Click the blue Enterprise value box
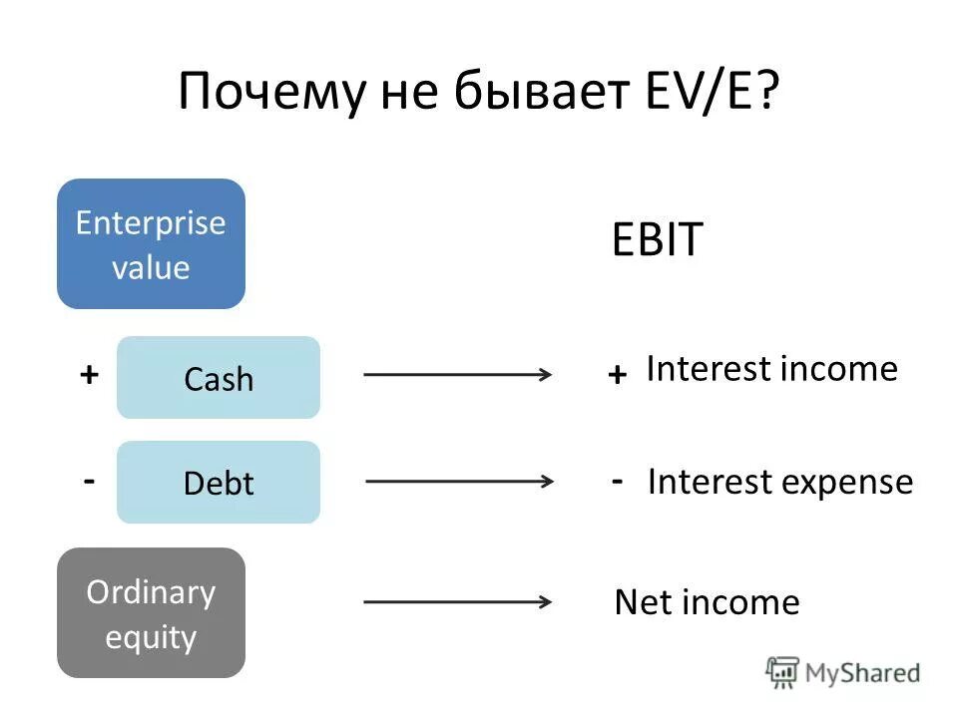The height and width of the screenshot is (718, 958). tap(151, 243)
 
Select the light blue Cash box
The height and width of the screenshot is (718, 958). tap(219, 378)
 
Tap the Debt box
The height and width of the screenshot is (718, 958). tap(219, 483)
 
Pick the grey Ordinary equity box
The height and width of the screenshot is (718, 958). tap(151, 613)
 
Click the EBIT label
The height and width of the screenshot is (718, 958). tap(658, 241)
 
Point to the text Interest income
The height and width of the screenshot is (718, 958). tap(771, 369)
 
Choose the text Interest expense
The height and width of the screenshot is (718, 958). tap(779, 483)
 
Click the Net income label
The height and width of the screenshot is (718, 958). tap(707, 602)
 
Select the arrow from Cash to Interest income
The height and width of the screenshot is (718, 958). tap(458, 375)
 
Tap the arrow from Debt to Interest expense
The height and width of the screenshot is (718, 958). tap(460, 480)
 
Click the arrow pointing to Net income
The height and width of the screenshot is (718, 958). tap(458, 601)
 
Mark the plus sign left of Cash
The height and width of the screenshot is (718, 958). tap(89, 375)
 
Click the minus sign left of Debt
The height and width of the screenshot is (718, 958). tap(89, 480)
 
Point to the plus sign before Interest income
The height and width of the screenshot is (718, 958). tap(617, 375)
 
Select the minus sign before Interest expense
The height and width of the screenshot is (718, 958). tap(618, 480)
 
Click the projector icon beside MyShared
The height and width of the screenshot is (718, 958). tap(782, 672)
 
